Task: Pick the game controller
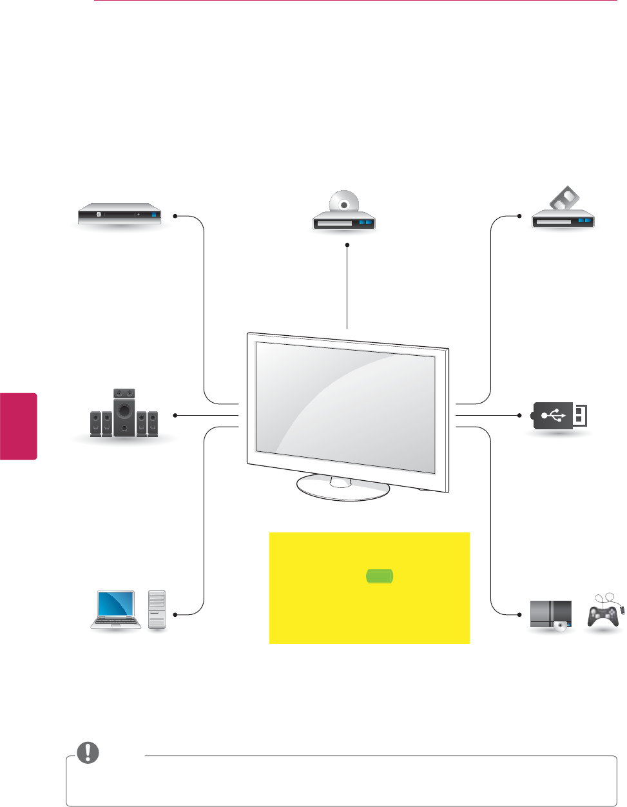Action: tap(604, 612)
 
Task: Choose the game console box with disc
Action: tap(550, 615)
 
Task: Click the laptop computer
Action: tap(116, 609)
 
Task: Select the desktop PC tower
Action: tap(157, 609)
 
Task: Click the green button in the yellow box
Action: tap(380, 576)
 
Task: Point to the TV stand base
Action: tap(343, 488)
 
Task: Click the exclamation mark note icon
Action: tap(88, 752)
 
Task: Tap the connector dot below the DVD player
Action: tap(347, 245)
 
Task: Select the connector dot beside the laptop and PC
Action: tap(175, 614)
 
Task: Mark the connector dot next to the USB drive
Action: tap(519, 416)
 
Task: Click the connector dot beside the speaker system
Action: tap(175, 416)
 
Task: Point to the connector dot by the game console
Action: tap(519, 614)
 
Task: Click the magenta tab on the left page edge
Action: tap(18, 426)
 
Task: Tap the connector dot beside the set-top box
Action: tap(175, 216)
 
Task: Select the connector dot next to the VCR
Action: tap(519, 216)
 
